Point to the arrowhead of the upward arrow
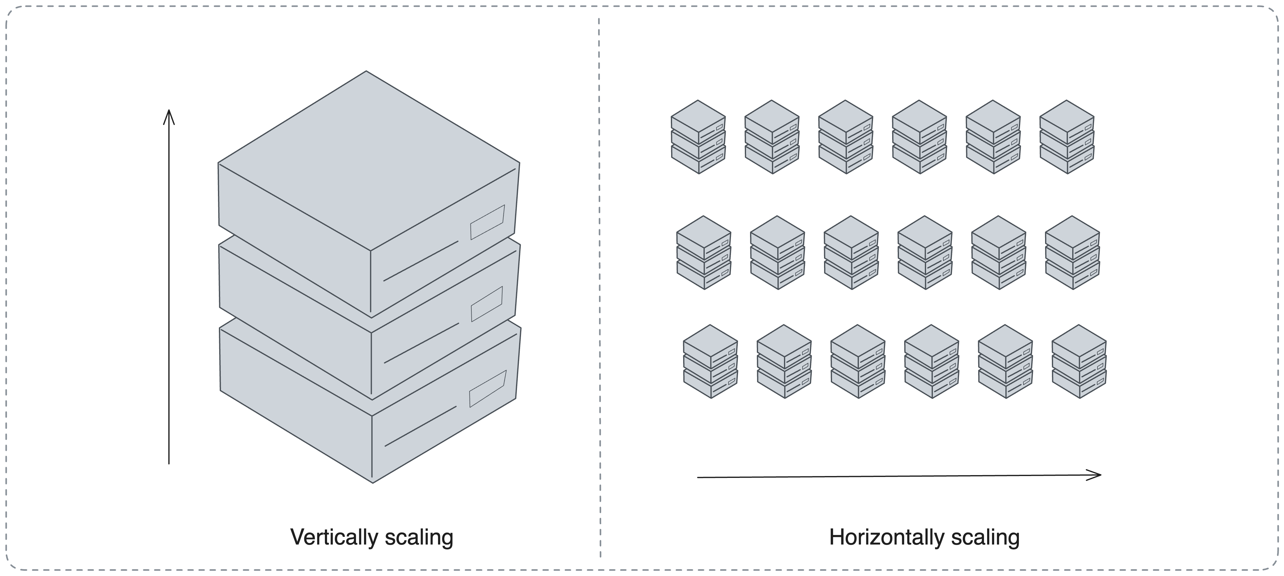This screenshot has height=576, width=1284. point(169,115)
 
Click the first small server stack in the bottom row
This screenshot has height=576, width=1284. point(710,362)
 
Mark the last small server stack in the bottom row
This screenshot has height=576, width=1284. point(1079,362)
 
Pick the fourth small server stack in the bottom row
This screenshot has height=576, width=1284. point(931,362)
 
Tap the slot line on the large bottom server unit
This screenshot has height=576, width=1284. point(420,426)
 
